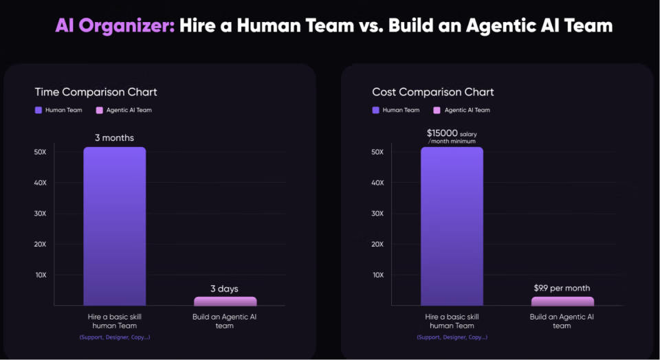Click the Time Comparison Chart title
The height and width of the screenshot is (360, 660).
[96, 92]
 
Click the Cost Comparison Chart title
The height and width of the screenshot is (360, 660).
[433, 92]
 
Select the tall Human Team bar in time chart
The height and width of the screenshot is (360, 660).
[115, 227]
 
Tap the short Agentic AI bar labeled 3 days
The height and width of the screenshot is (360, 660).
[225, 301]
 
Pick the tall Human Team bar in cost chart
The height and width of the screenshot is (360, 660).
[452, 227]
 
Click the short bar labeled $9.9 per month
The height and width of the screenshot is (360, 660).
[562, 301]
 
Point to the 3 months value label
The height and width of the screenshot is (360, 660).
[115, 137]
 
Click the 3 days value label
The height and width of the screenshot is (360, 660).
[225, 289]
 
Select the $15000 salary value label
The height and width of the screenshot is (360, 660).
[452, 135]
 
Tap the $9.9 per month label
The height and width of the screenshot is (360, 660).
[562, 288]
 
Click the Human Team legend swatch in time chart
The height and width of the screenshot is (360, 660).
[38, 110]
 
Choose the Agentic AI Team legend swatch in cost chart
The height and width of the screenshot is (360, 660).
[437, 110]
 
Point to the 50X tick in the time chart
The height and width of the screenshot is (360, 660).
[40, 152]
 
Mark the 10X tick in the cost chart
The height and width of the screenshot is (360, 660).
[378, 275]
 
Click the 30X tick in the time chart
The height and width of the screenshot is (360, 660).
[40, 213]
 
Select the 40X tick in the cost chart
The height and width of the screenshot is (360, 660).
[378, 183]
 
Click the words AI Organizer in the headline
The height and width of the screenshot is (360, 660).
[114, 26]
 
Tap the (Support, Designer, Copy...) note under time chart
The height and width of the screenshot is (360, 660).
[115, 337]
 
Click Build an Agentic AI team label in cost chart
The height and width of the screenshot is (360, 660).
[562, 321]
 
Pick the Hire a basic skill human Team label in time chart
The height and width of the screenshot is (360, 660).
[115, 321]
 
